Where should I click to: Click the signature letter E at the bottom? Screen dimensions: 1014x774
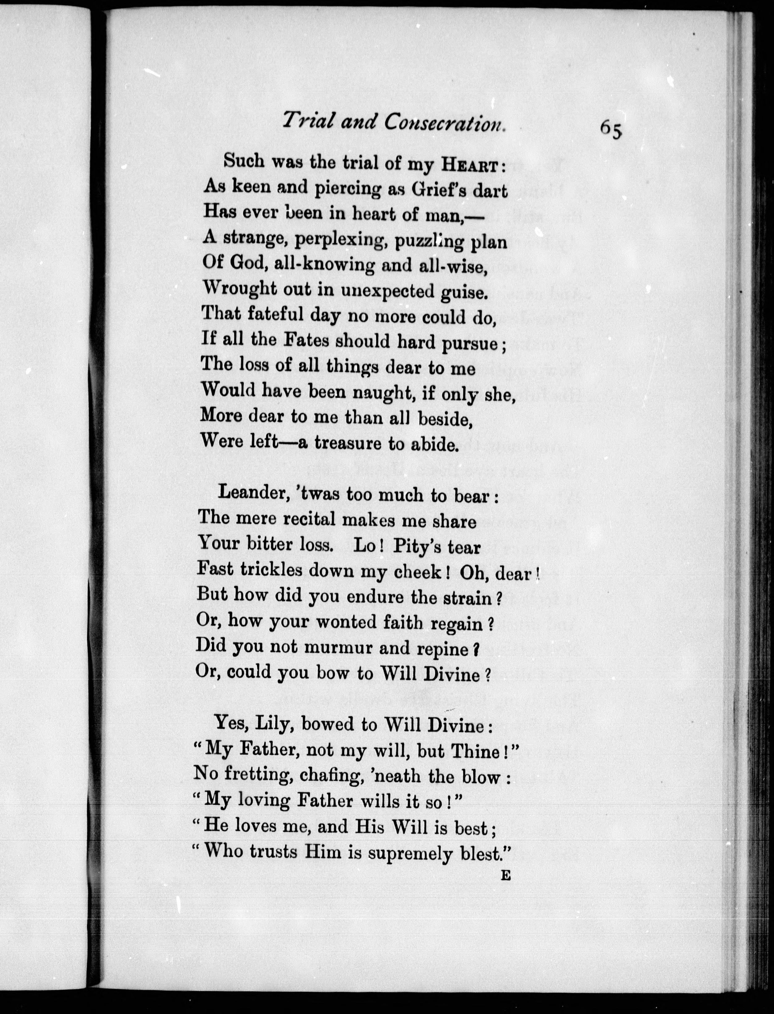(x=505, y=876)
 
